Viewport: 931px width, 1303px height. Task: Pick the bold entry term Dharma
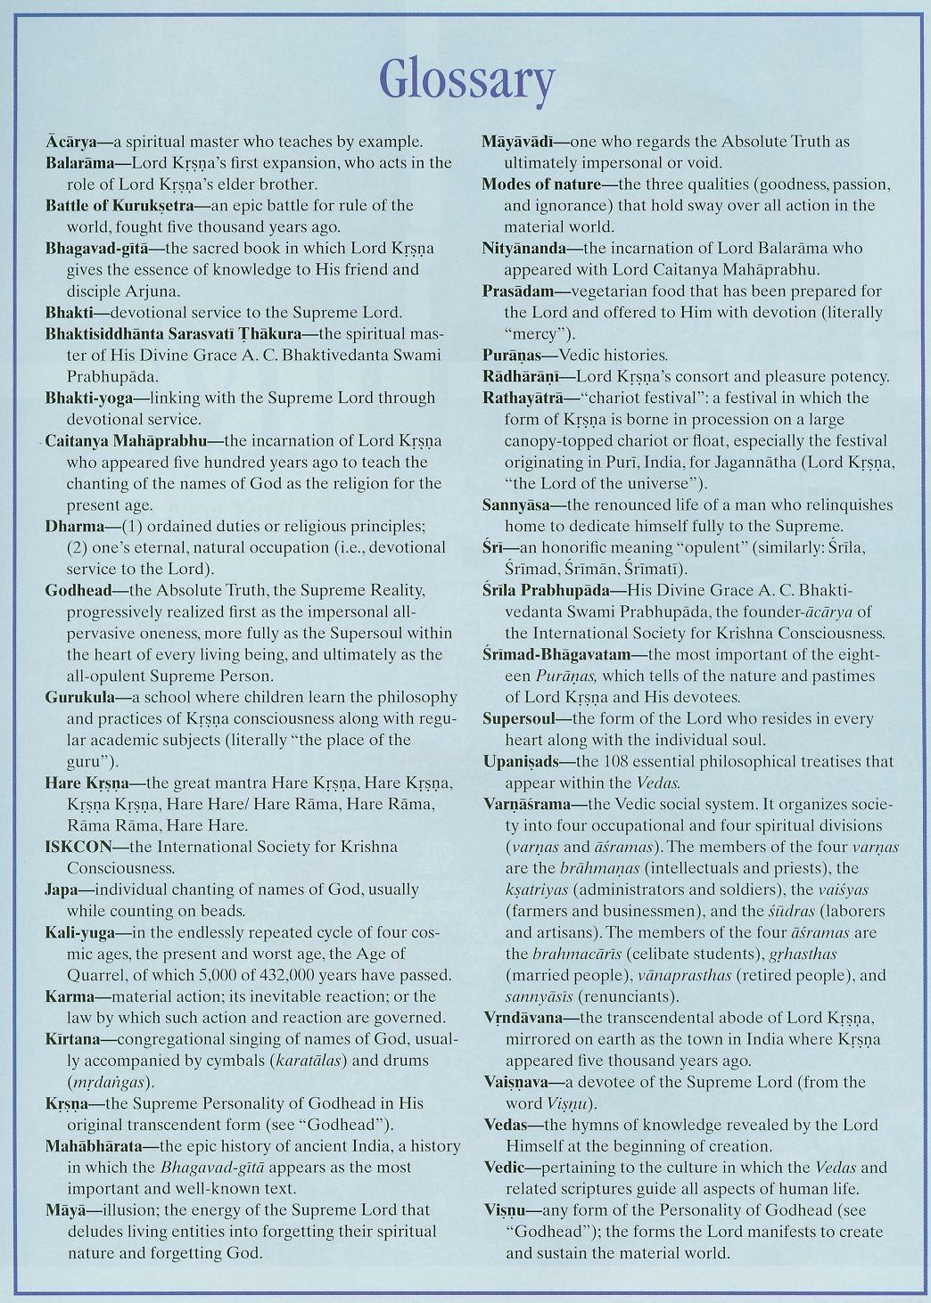coord(70,526)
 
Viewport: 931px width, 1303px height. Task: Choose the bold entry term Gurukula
coord(77,697)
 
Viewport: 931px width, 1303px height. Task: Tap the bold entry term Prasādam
coord(517,291)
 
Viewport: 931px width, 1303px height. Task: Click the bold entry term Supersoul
coord(518,719)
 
